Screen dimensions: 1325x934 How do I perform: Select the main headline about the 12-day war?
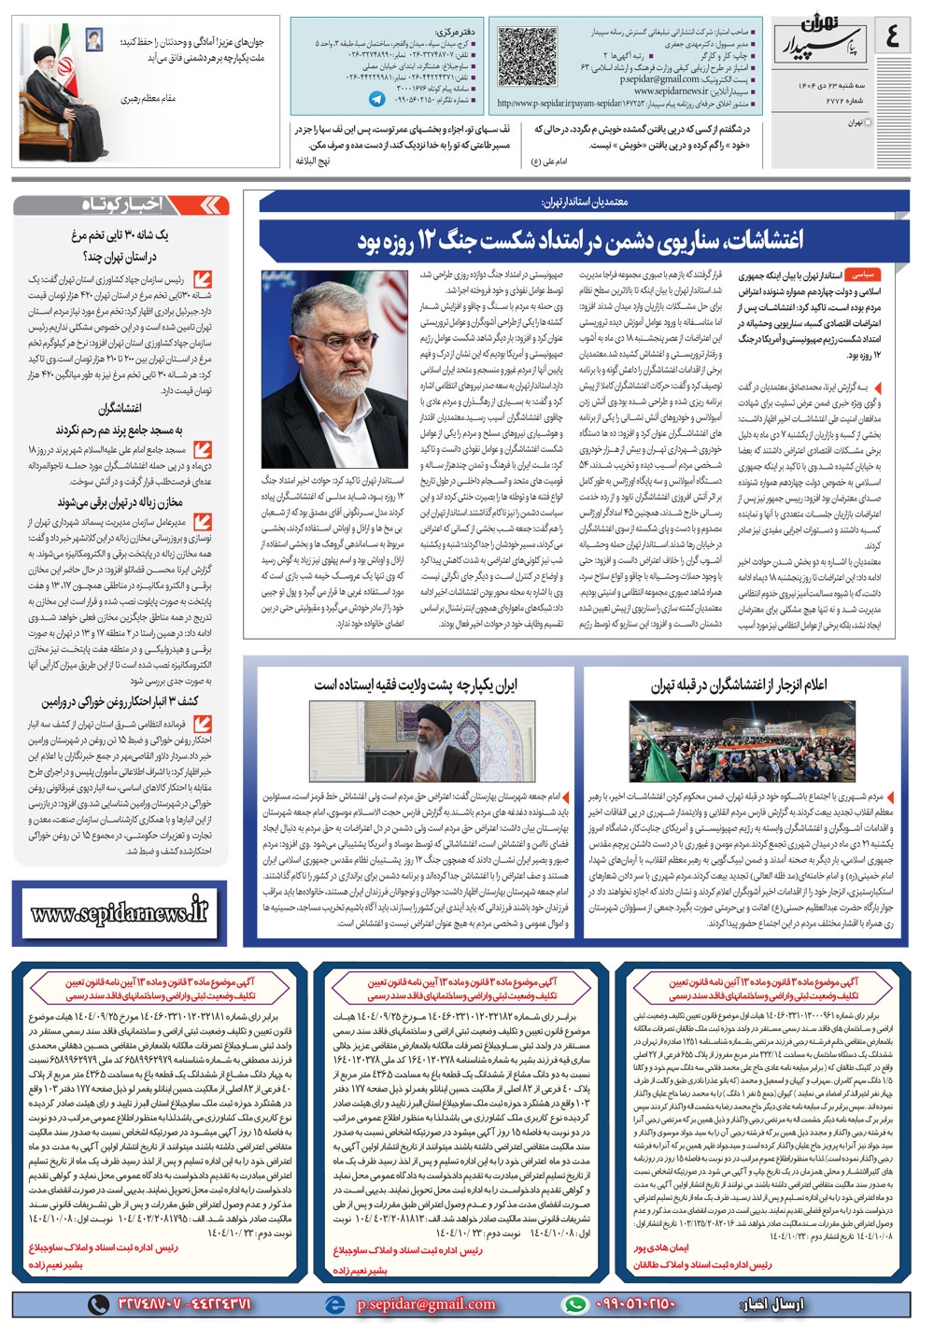[x=579, y=241]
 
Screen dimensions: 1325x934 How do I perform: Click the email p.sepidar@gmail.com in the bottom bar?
[x=426, y=1304]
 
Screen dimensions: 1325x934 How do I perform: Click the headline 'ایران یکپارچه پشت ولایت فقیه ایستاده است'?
[x=415, y=684]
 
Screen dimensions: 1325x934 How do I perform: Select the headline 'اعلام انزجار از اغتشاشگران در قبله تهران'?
[x=739, y=684]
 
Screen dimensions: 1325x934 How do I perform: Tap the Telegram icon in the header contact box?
[x=377, y=98]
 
